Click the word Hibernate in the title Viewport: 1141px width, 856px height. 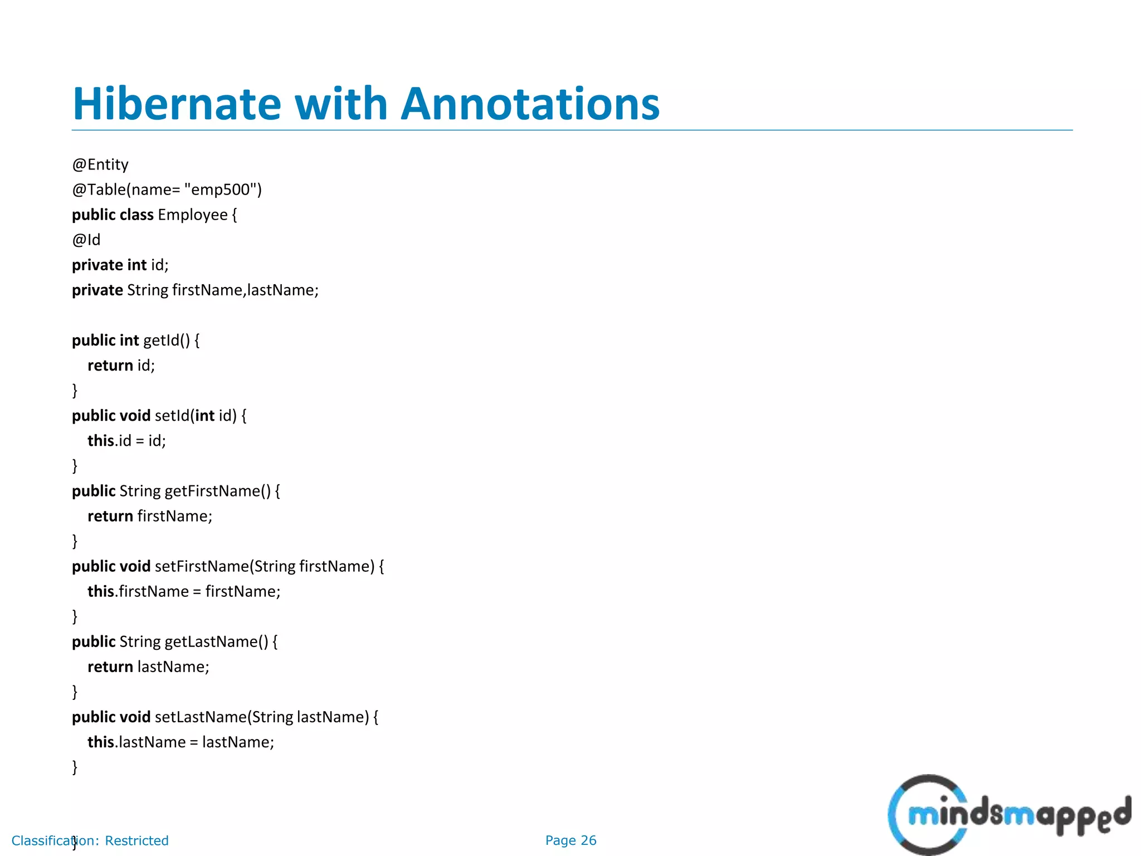tap(177, 104)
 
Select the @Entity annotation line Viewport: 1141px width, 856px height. tap(100, 164)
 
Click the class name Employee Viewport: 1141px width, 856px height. tap(193, 215)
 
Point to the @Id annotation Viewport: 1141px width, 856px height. tap(86, 240)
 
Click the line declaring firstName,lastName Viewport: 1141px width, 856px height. tap(195, 290)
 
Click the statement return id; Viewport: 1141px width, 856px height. tap(121, 365)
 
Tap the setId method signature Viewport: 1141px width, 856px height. tap(159, 415)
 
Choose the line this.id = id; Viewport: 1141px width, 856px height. tap(126, 440)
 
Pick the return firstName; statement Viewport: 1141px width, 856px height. tap(150, 516)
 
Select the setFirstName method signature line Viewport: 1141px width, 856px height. tap(228, 566)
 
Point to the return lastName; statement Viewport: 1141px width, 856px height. tap(148, 667)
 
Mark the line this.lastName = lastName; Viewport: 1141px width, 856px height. tap(181, 742)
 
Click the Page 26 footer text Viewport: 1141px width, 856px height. tap(570, 840)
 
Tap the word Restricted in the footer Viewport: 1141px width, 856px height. tap(136, 840)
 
